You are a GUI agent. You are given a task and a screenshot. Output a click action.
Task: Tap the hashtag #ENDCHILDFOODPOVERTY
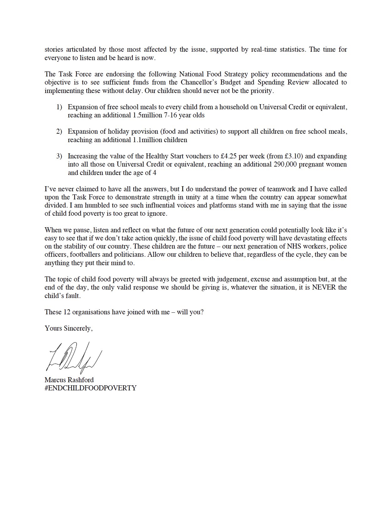90,388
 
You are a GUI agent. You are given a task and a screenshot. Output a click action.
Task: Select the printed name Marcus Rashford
69,380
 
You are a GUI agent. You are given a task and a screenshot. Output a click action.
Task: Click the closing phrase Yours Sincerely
69,328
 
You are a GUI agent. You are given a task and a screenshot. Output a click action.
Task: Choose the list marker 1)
59,107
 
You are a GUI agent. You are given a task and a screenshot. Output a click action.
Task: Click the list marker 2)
59,131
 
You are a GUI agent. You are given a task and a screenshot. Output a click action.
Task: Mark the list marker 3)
59,156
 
